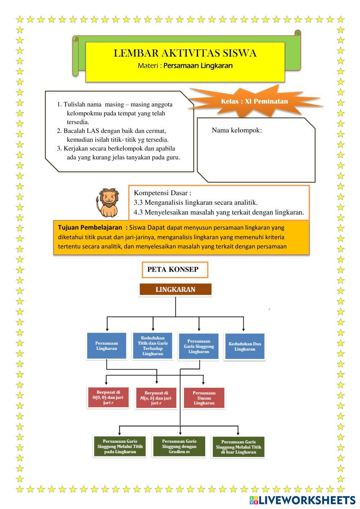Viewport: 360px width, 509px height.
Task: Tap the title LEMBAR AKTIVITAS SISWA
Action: pos(185,53)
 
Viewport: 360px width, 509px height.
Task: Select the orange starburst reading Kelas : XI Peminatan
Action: pos(254,101)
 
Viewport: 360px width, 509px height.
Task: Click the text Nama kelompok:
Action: pos(237,130)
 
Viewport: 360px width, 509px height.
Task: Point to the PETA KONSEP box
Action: pos(175,270)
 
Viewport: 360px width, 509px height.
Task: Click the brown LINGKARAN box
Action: pos(175,289)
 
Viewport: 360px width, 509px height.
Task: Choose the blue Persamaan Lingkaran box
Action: pos(107,346)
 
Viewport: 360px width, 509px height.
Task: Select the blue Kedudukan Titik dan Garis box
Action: pos(153,346)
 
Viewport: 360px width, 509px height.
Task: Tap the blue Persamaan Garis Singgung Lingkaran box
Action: pos(199,346)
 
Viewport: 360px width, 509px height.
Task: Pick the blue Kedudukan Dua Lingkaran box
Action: pos(245,346)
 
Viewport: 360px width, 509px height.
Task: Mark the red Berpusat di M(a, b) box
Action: pos(156,398)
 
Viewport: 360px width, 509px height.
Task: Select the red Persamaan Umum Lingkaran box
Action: pos(204,398)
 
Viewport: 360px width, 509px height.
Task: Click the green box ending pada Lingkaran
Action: pos(120,446)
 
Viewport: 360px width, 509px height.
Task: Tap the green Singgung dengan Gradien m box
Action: pos(179,446)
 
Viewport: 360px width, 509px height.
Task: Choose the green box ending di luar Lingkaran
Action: pos(238,447)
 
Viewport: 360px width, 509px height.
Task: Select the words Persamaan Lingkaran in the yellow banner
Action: pos(198,66)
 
